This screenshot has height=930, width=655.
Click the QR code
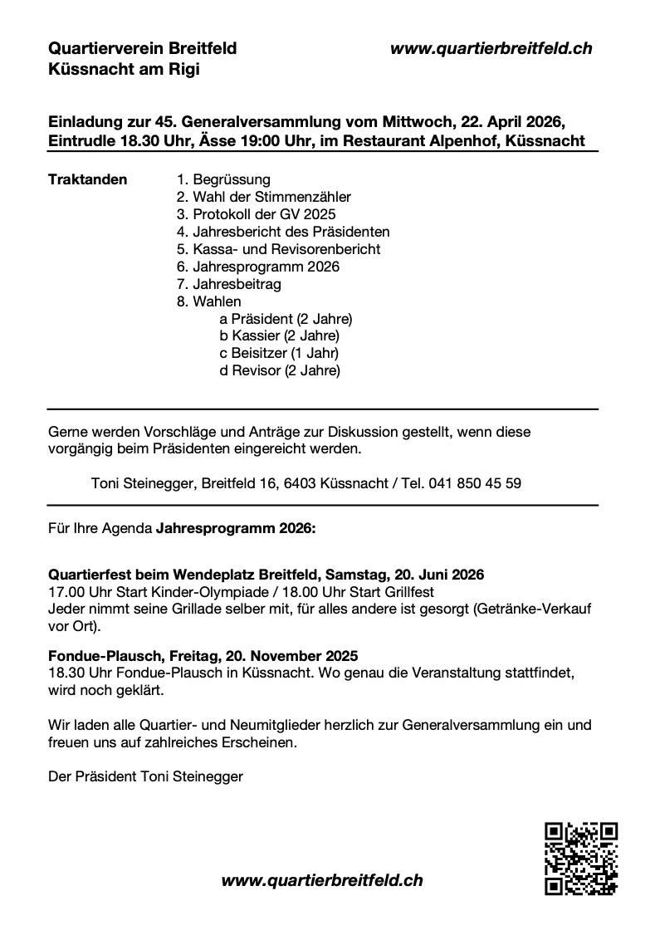click(580, 859)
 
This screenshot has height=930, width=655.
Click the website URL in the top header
click(491, 49)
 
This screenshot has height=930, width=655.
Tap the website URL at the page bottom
click(322, 880)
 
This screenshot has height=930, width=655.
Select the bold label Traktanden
click(88, 179)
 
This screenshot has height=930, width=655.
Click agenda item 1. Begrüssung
click(223, 179)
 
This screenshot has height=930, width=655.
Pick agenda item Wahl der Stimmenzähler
click(263, 197)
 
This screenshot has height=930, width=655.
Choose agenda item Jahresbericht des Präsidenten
click(282, 232)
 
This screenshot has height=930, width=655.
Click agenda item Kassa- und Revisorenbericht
click(278, 249)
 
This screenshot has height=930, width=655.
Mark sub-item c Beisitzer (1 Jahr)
click(279, 354)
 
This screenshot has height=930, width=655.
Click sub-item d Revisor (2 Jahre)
click(280, 371)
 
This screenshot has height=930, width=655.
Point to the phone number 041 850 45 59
click(475, 482)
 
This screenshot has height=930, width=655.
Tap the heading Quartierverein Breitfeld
click(142, 49)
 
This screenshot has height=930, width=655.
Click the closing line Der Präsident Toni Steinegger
click(146, 777)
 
